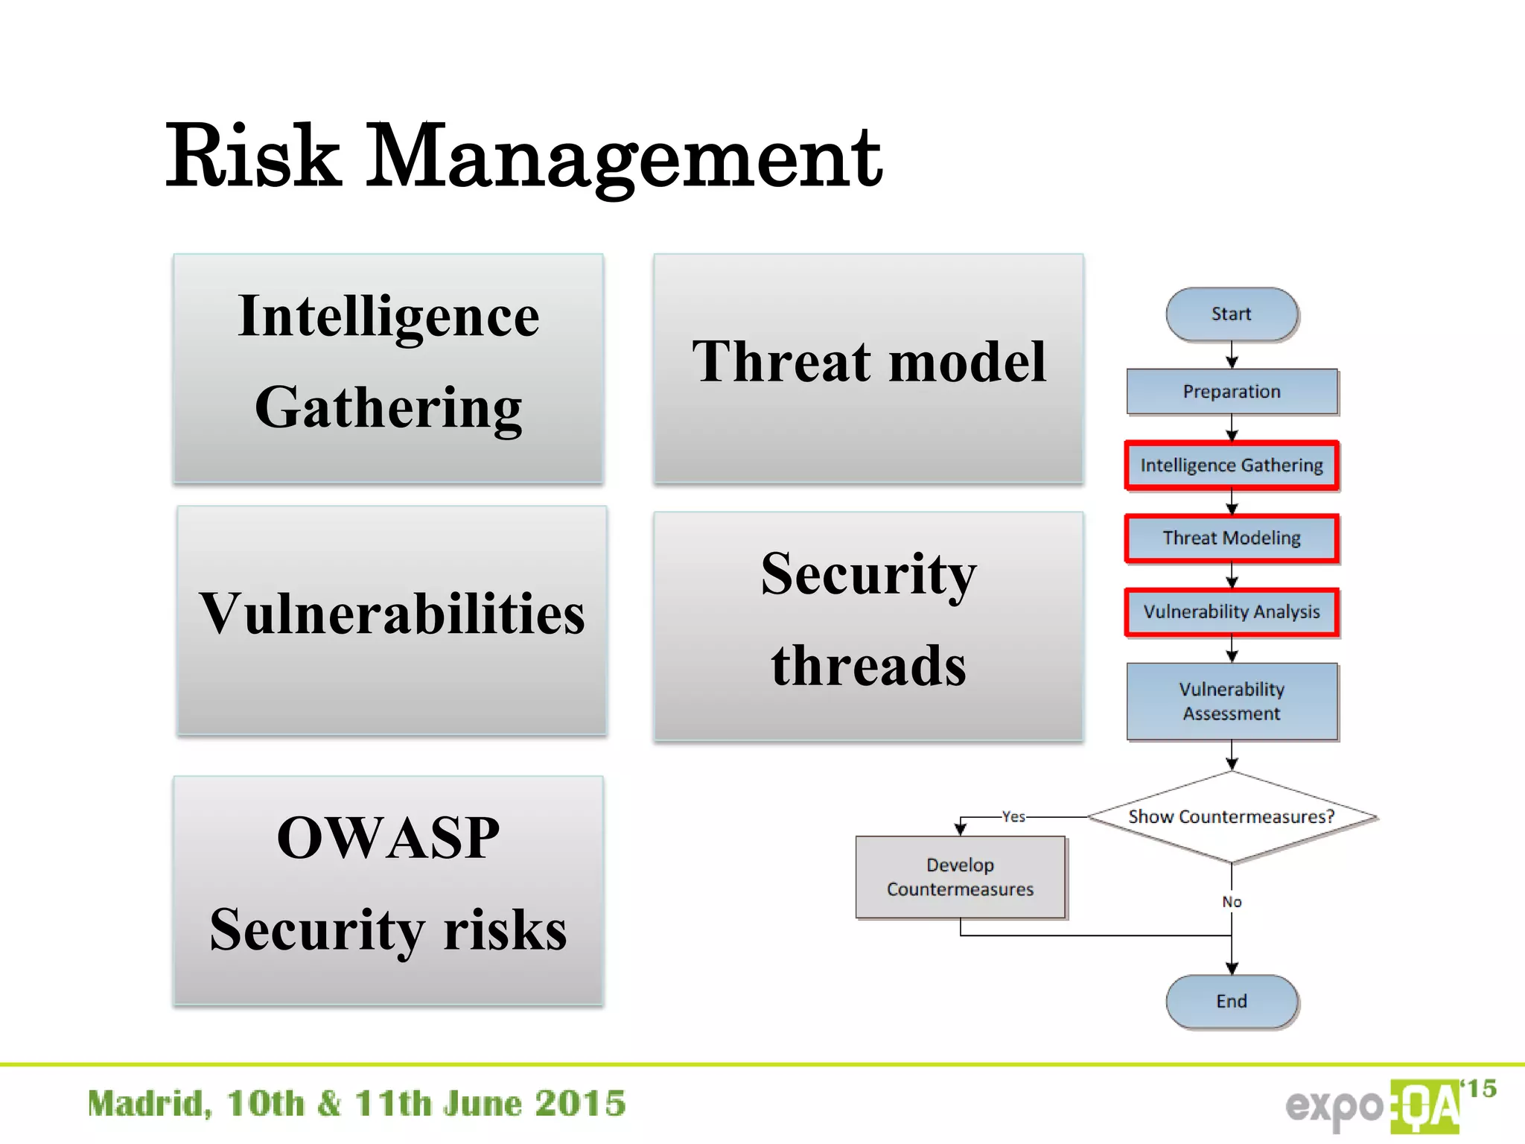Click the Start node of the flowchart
[1232, 314]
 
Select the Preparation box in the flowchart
[1232, 392]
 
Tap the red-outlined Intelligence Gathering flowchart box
[1232, 465]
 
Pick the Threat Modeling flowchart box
[1232, 538]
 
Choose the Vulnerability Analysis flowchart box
[1232, 612]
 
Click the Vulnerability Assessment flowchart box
[1232, 701]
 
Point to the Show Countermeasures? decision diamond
[1232, 817]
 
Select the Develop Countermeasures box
[960, 877]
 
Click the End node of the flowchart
[1232, 1002]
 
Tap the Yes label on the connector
[1013, 817]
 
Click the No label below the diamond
[1232, 902]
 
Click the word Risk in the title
[253, 156]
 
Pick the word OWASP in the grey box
[388, 838]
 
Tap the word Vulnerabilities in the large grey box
[392, 614]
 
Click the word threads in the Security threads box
[868, 665]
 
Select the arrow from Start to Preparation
[1232, 355]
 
